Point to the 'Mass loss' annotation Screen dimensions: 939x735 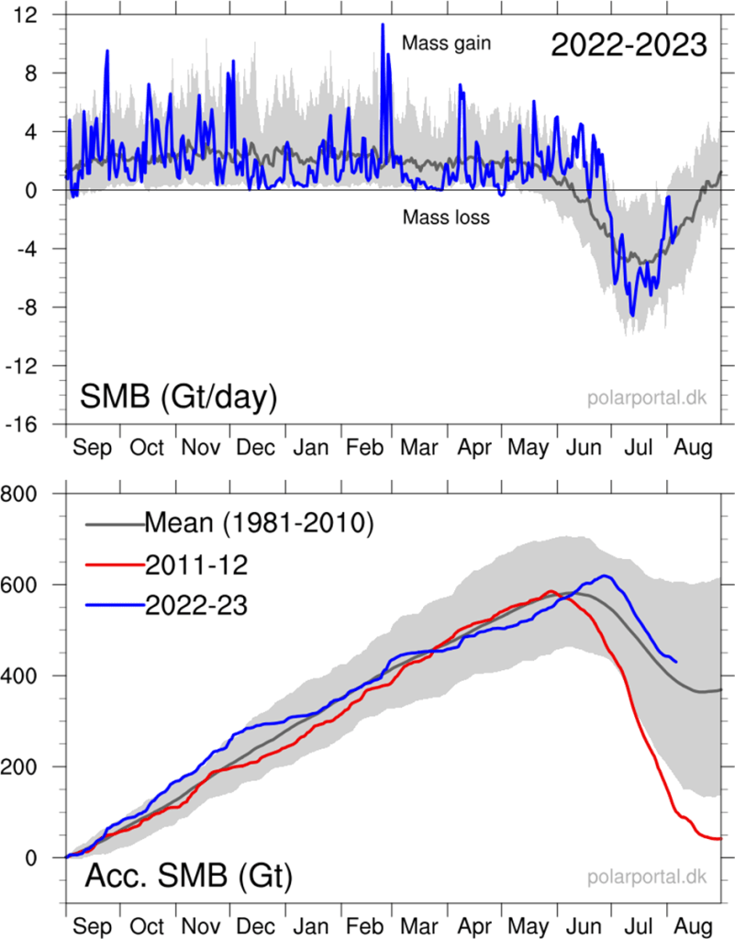pos(445,218)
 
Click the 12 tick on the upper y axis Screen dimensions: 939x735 pos(36,15)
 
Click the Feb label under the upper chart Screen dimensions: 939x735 pos(366,448)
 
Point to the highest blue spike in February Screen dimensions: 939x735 pos(383,25)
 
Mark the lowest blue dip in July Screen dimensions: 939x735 pos(632,316)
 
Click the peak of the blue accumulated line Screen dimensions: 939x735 pos(605,576)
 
